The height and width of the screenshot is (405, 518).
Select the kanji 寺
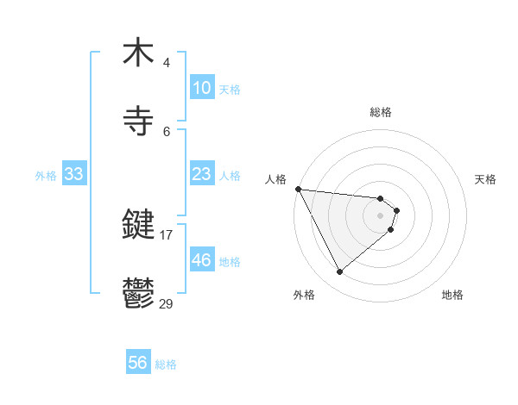tap(138, 121)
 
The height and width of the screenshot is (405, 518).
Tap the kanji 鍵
tap(138, 226)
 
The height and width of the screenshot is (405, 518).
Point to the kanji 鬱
tap(138, 293)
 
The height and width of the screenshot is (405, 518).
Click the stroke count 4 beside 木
tap(167, 63)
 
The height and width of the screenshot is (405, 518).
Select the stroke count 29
tap(167, 302)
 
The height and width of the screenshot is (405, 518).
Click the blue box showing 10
tap(201, 88)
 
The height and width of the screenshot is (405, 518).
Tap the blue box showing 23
tap(201, 174)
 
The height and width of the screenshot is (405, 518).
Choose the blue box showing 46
tap(201, 260)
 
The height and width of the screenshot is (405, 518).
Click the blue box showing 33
tap(74, 174)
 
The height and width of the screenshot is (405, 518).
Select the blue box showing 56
tap(138, 363)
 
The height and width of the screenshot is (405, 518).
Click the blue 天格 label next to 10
tap(229, 90)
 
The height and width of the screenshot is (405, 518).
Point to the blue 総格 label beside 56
tap(166, 364)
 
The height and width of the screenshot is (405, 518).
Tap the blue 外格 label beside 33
tap(46, 176)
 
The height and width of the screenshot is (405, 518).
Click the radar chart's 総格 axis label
tap(381, 112)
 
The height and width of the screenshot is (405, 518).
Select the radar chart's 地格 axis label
tap(452, 295)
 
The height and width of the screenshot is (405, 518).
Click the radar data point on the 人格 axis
tap(298, 189)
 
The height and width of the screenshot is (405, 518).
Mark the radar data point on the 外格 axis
tap(339, 272)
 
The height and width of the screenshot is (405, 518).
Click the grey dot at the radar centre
tap(381, 215)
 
